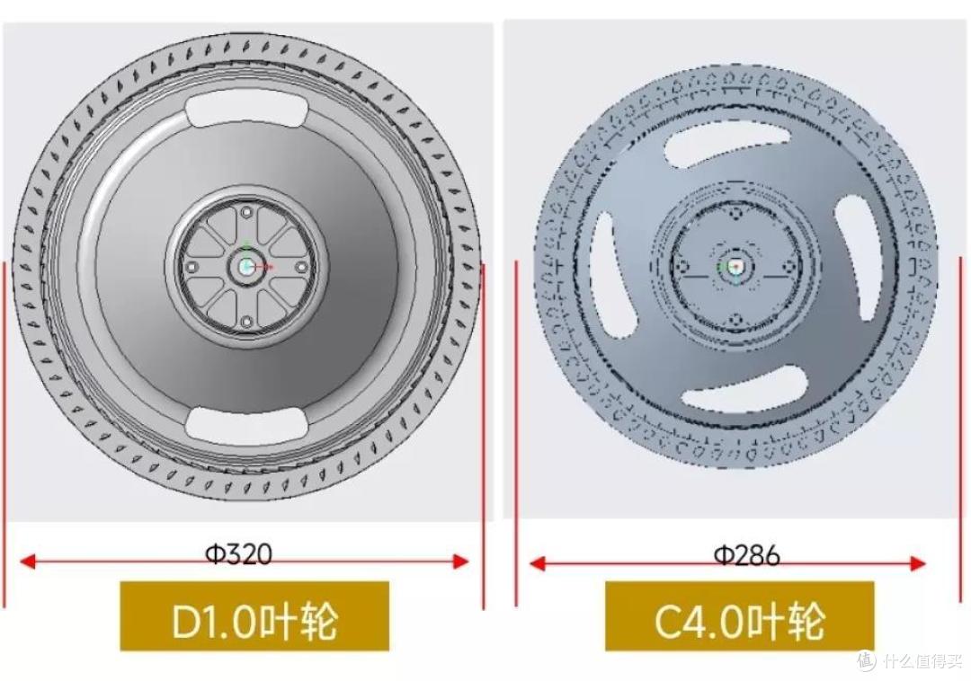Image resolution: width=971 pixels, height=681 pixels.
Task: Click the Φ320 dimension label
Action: tap(238, 553)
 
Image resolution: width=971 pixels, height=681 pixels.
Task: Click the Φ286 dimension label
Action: tap(747, 555)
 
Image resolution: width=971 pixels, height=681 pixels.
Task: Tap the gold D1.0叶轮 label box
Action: tap(254, 616)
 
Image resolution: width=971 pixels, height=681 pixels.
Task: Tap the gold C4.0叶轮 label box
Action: tap(739, 616)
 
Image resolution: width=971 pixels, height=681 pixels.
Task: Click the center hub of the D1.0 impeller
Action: tap(246, 267)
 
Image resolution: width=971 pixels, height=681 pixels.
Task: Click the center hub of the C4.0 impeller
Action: tap(735, 267)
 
